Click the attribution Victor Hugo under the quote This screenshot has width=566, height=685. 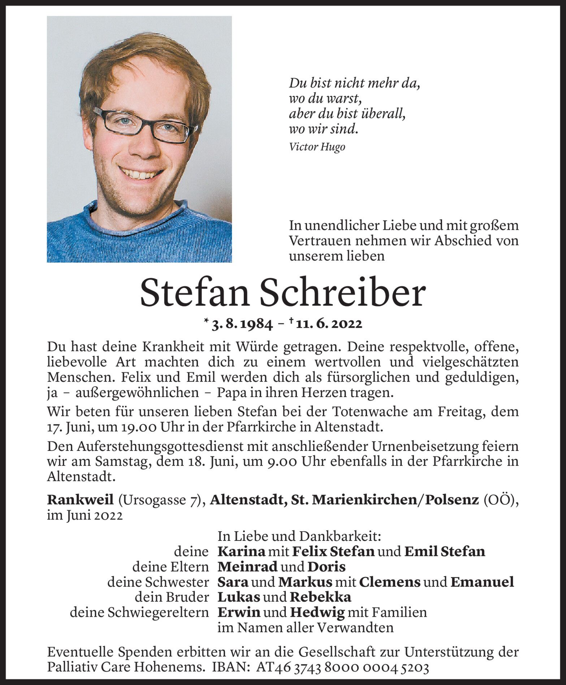[317, 147]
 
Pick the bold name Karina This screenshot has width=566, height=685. [241, 552]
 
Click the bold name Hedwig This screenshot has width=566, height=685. [317, 612]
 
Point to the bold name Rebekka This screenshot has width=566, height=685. [320, 597]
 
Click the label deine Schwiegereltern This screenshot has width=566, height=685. [139, 613]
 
